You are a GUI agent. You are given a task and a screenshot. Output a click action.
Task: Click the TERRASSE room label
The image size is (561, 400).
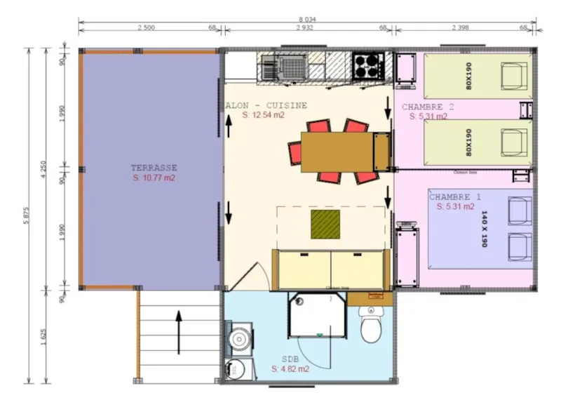point(154,168)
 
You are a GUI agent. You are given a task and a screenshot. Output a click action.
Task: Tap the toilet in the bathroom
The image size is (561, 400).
point(370,325)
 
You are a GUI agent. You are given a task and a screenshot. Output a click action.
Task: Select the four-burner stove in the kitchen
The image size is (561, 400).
point(367,67)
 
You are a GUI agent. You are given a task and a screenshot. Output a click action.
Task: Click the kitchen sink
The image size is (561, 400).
point(269,69)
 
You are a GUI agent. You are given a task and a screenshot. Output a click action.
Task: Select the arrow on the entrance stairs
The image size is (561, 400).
point(179,333)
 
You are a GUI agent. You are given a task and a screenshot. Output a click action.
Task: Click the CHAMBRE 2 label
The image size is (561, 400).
point(428,107)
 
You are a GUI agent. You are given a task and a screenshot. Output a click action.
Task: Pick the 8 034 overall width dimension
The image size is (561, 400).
point(306,22)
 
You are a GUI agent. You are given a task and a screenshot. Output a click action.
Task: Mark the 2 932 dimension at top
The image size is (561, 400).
point(306,28)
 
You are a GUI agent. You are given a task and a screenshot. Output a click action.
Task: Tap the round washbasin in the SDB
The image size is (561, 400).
point(240,338)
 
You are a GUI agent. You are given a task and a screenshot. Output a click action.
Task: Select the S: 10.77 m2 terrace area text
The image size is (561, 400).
point(154,178)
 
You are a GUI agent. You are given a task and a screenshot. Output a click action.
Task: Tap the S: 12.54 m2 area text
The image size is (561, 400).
point(264,115)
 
